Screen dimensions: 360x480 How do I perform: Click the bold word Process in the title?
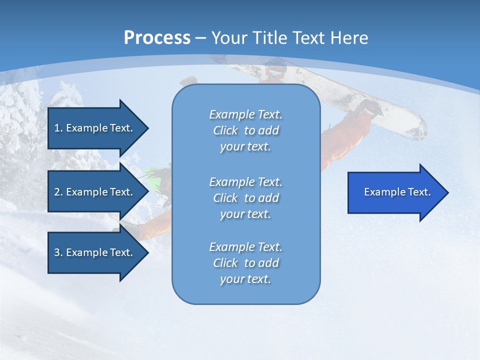point(157,37)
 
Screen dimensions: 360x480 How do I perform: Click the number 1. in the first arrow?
point(58,128)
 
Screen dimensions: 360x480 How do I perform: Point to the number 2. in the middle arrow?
point(58,192)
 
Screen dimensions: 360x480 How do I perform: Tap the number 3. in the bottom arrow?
point(58,252)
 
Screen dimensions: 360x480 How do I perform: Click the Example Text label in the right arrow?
point(397,192)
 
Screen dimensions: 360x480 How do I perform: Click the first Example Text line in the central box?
point(245,114)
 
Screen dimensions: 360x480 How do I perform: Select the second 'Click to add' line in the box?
point(245,198)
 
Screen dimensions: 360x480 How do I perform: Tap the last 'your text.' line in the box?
point(245,279)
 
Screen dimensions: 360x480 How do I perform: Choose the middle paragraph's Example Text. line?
point(245,181)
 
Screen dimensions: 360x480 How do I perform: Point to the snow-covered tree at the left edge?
point(20,120)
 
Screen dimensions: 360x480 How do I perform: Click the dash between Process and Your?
point(200,38)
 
